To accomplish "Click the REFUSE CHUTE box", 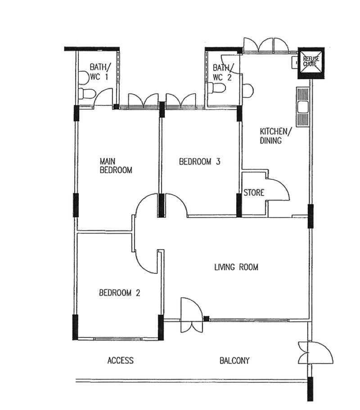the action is pyautogui.click(x=311, y=63).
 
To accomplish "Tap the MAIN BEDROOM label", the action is pyautogui.click(x=116, y=165).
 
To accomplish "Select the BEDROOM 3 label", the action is pyautogui.click(x=200, y=162).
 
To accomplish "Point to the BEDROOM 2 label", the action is pyautogui.click(x=120, y=292).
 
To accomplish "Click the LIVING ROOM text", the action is pyautogui.click(x=236, y=267).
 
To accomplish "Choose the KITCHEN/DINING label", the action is pyautogui.click(x=274, y=136).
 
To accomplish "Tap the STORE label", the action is pyautogui.click(x=254, y=193).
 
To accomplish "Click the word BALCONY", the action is pyautogui.click(x=234, y=360).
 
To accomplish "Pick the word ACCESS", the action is pyautogui.click(x=121, y=360).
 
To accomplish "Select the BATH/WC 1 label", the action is pyautogui.click(x=100, y=72).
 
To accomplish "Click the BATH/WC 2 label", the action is pyautogui.click(x=223, y=73).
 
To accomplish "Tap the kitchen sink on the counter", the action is pyautogui.click(x=303, y=108).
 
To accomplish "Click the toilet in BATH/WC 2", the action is pyautogui.click(x=216, y=88).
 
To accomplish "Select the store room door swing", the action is pyautogui.click(x=278, y=190).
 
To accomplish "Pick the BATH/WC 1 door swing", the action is pyautogui.click(x=103, y=97).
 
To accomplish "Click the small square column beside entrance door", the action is pyautogui.click(x=207, y=319).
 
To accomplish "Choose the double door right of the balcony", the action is pyautogui.click(x=315, y=352).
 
